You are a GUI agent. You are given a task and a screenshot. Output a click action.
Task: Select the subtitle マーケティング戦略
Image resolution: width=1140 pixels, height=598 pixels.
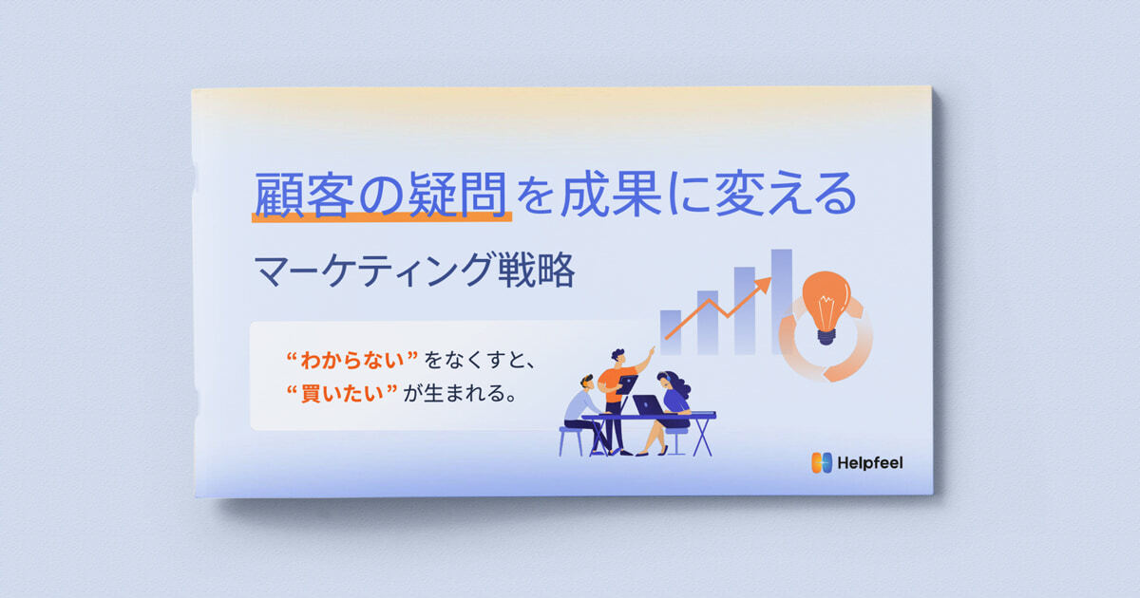(x=414, y=271)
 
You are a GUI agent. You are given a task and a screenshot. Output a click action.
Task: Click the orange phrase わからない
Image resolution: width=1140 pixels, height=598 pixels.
(x=352, y=361)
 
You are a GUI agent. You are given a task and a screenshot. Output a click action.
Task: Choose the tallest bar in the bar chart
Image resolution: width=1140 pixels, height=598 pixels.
(x=781, y=299)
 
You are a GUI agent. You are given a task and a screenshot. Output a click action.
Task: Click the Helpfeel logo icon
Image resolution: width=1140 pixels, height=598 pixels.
(x=822, y=462)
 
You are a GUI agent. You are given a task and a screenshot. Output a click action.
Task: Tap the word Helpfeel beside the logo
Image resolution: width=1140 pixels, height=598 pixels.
(x=870, y=463)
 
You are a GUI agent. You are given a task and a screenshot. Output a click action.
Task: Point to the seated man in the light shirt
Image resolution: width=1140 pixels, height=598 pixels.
(x=582, y=408)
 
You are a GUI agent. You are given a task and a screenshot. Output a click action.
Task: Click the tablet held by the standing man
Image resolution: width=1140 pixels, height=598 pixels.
(x=627, y=384)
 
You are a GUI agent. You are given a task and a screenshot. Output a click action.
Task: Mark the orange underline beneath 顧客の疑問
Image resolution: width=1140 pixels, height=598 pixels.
(x=381, y=217)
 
